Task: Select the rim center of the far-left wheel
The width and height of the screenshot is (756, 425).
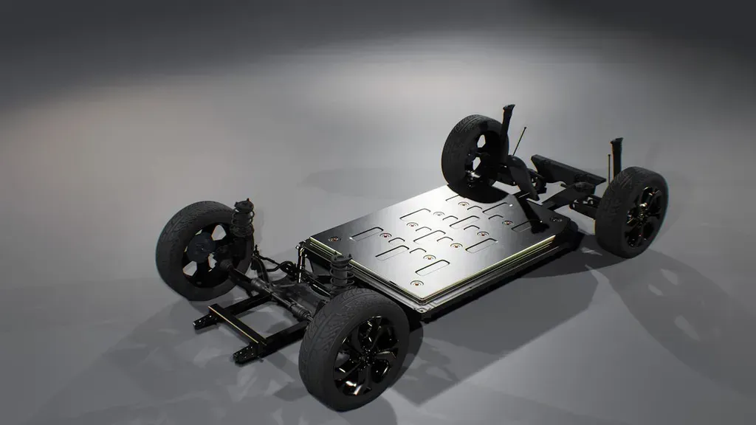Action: pyautogui.click(x=199, y=252)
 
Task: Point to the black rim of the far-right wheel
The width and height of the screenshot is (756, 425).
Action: pyautogui.click(x=643, y=217)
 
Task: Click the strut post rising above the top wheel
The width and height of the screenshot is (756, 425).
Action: pyautogui.click(x=507, y=122)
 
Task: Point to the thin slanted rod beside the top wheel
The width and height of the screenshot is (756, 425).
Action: pyautogui.click(x=520, y=142)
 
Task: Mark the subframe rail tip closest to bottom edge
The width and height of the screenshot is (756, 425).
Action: pyautogui.click(x=241, y=357)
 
